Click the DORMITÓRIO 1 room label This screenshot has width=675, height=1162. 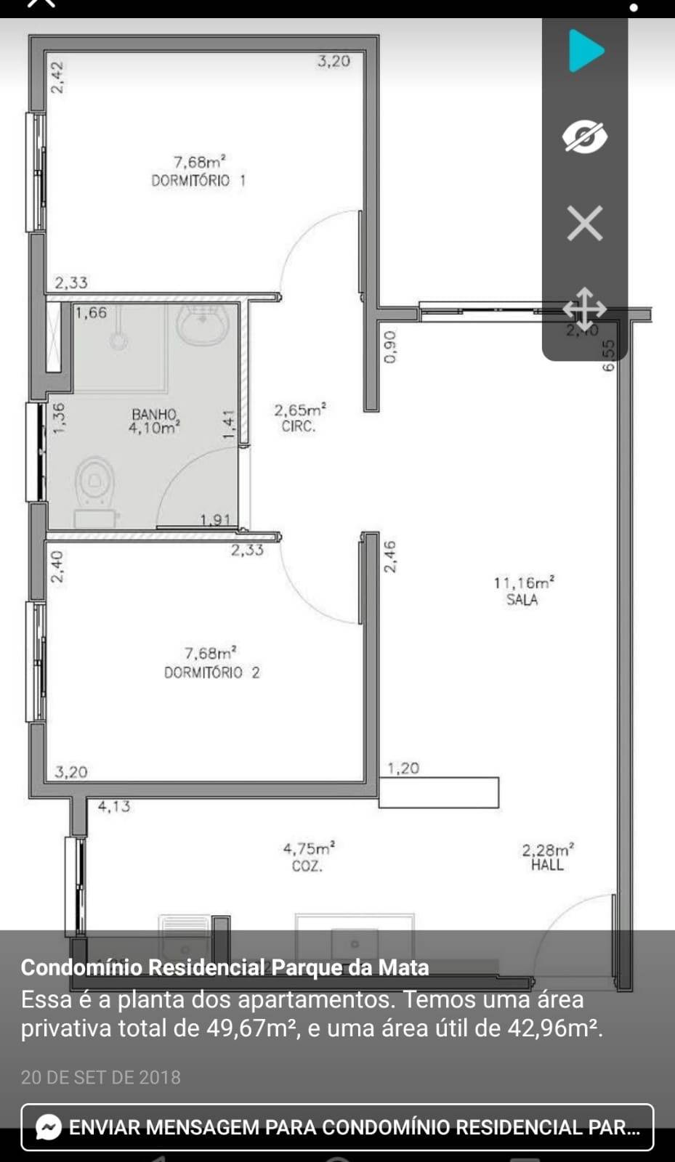coord(198,180)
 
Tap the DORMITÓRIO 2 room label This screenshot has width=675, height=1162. coord(211,673)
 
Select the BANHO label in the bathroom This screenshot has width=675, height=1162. coord(154,414)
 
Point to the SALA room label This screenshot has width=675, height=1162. coord(522,600)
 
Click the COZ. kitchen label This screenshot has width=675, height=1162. coord(307,866)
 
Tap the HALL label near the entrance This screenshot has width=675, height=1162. coord(547,865)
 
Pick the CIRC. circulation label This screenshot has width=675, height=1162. coord(299,426)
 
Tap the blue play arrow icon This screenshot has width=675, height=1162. coord(586,51)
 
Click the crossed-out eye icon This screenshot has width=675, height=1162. coord(585,137)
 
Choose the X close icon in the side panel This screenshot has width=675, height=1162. coord(585,223)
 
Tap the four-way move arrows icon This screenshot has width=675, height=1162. coord(584,309)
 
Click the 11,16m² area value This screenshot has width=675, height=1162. coord(524,582)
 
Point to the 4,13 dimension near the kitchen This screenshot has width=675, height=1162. coord(114,806)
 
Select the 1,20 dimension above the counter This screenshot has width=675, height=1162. coord(403,768)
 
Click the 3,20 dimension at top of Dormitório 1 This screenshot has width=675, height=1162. coord(334,62)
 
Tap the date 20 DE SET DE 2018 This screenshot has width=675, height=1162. coord(101,1077)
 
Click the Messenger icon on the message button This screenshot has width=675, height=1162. coord(49,1127)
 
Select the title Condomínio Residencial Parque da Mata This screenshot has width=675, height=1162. coord(225,967)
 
